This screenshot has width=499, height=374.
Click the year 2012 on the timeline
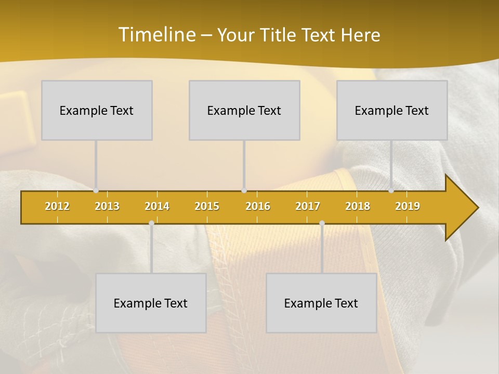click(57, 206)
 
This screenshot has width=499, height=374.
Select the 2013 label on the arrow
click(107, 206)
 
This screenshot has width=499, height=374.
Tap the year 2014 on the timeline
click(157, 206)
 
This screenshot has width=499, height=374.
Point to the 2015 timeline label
click(207, 206)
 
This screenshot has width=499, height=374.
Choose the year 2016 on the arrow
click(258, 206)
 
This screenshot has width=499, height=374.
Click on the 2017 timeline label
click(308, 206)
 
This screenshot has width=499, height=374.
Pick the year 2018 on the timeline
click(358, 206)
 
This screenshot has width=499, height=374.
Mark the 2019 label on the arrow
click(408, 206)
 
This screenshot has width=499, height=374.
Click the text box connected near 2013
click(97, 111)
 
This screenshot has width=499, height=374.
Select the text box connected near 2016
click(244, 111)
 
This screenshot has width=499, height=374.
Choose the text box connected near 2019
click(392, 111)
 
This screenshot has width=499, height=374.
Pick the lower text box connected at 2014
click(151, 303)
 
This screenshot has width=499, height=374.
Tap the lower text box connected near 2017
click(321, 303)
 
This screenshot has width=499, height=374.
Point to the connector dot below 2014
click(151, 223)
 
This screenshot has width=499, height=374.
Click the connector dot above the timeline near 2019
click(391, 191)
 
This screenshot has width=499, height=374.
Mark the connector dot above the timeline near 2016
click(244, 191)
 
